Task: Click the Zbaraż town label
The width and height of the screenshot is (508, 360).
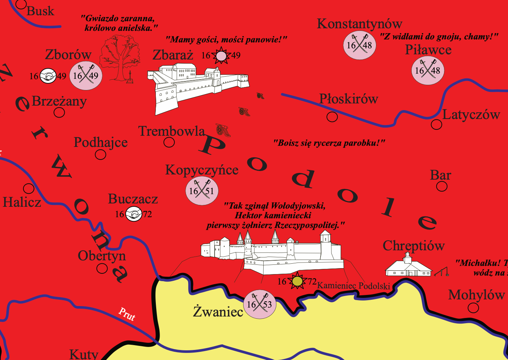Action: coord(173,55)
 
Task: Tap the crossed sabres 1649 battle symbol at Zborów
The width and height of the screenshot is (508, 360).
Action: coord(86,76)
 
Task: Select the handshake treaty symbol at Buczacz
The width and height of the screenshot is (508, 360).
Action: coord(134,214)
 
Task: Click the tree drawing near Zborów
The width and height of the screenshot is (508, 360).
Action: coord(119,58)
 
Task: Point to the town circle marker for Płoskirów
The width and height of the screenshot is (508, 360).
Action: coord(332,117)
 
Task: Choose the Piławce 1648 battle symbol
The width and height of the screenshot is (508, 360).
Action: coord(428,70)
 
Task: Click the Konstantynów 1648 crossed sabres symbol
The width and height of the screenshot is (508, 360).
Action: coord(360,45)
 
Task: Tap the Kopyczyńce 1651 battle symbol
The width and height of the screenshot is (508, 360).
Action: coord(202,191)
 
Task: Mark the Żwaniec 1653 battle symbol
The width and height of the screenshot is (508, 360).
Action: coord(260,305)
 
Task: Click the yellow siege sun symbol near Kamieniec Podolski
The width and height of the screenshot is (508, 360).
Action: coord(297,281)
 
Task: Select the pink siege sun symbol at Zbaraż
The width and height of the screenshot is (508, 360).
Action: coord(221,56)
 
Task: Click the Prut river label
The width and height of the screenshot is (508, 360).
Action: coord(127,314)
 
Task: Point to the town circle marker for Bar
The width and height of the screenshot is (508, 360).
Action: coord(442,186)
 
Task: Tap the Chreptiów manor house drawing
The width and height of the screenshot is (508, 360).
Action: coord(408,266)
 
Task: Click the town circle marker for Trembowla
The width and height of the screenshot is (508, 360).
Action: coord(169,142)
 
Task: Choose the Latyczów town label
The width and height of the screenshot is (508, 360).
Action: coord(471,115)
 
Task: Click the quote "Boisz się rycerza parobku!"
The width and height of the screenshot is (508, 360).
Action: coord(329,143)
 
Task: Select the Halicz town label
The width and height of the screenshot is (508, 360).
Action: coord(22,202)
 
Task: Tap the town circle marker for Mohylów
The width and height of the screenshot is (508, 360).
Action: coord(473,308)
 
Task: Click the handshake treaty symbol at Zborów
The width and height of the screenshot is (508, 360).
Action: coord(48,76)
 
